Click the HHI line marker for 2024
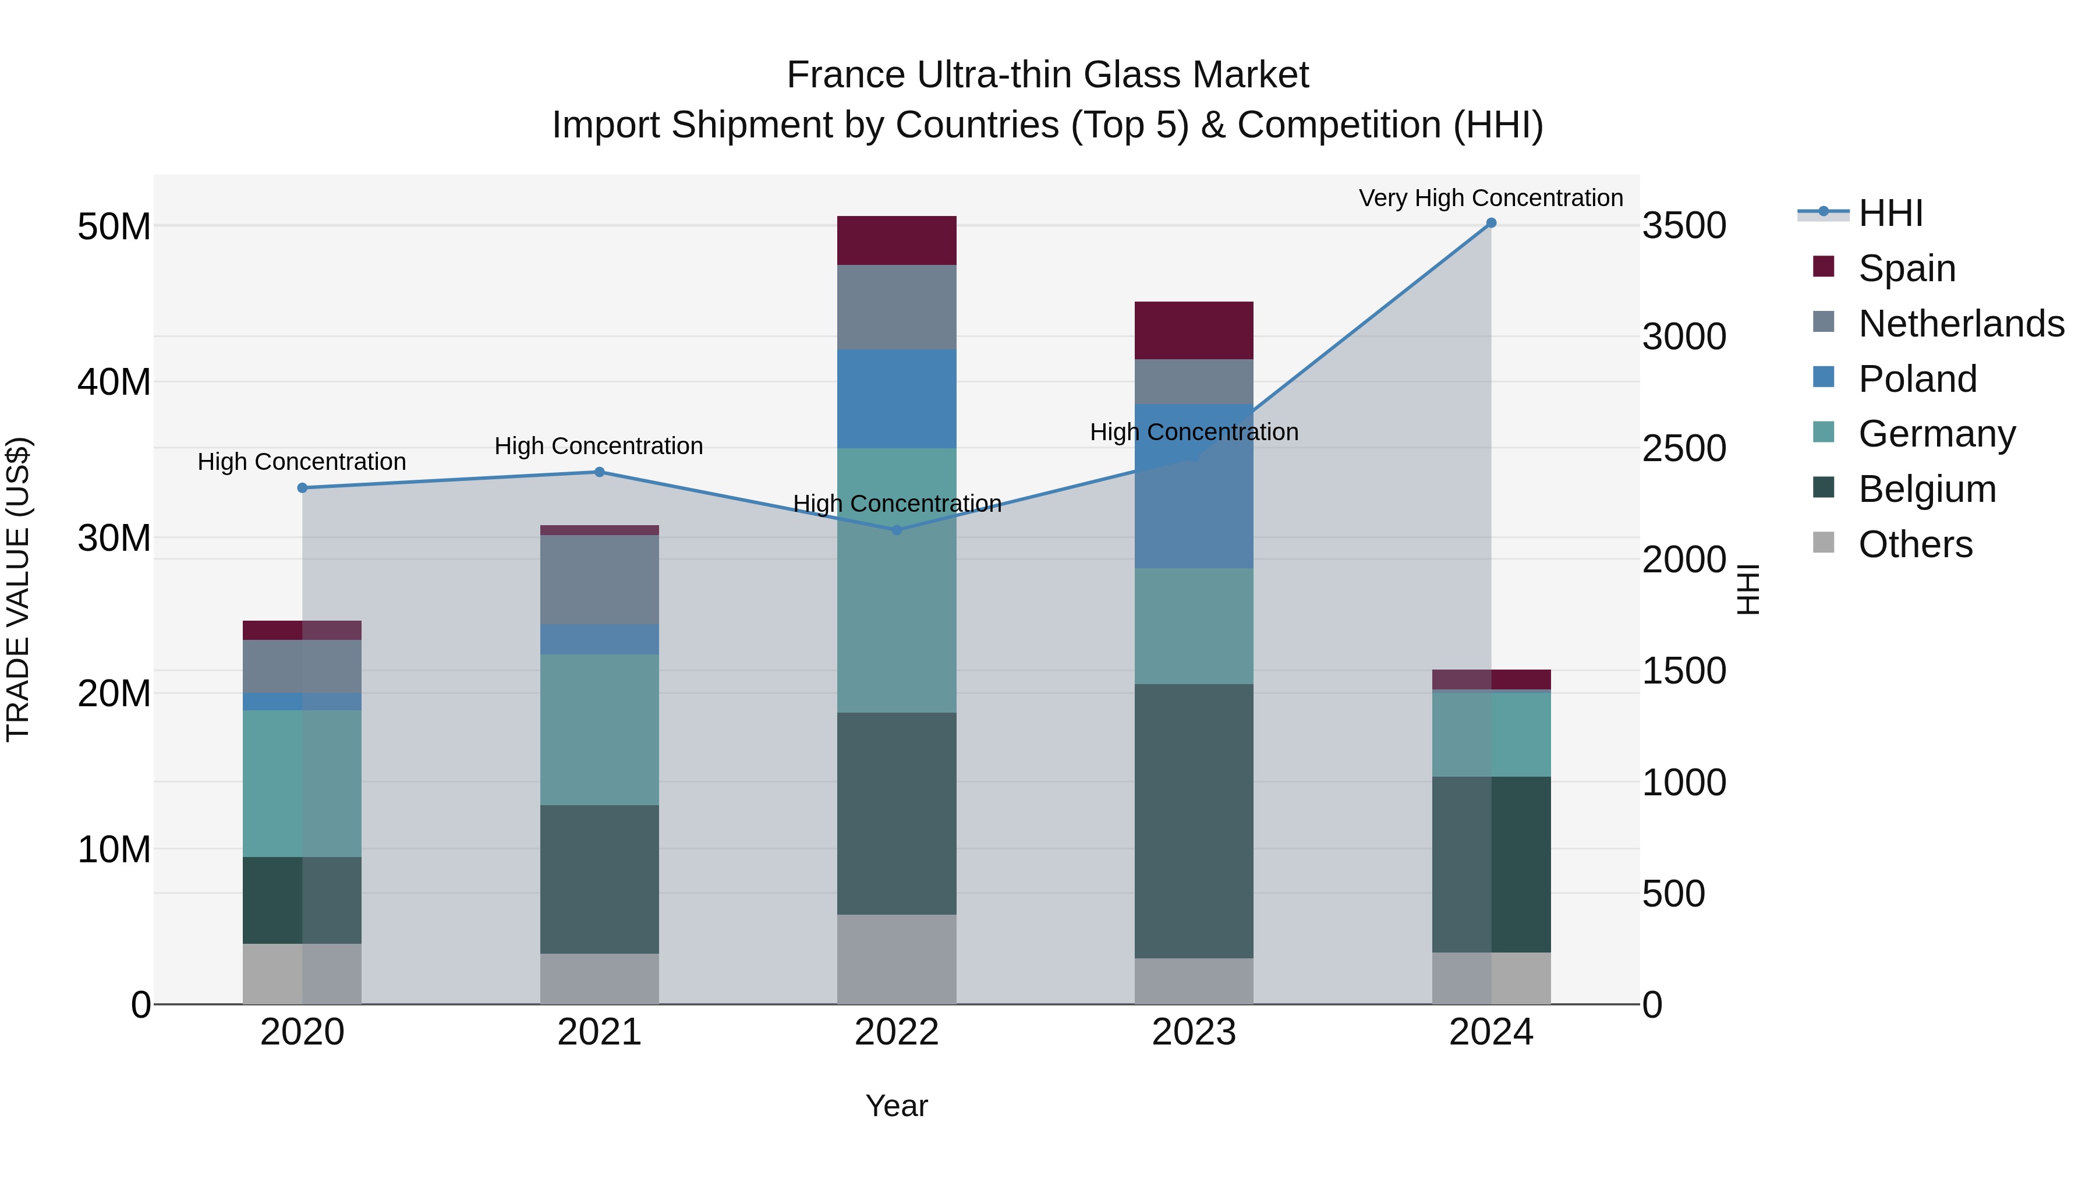coord(1490,223)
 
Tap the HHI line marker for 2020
coord(302,488)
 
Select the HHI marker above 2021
coord(600,472)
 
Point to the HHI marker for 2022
coord(897,530)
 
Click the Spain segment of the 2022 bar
coord(897,241)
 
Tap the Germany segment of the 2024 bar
coord(1490,734)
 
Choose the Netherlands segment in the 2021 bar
coord(600,579)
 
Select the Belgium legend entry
coord(1926,489)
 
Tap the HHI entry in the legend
coord(1889,213)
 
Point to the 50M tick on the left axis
coord(114,226)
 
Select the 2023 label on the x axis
coord(1194,1032)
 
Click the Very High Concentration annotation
coord(1490,198)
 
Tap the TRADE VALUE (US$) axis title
coord(18,589)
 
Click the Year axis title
coord(897,1106)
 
